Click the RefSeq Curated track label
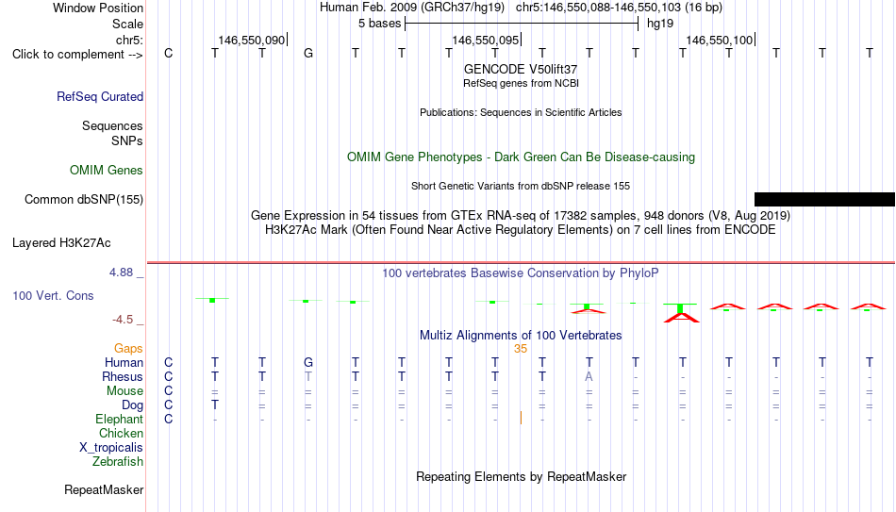100,96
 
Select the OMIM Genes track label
107,171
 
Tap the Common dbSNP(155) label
84,200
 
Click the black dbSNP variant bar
824,199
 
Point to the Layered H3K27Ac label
61,243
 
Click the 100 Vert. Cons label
53,295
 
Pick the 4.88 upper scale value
122,273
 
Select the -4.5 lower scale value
123,320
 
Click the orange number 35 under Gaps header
521,349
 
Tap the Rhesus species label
123,376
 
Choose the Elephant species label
120,420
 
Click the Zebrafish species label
118,462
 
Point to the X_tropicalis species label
111,448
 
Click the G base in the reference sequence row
308,53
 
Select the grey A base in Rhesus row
589,376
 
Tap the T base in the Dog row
215,405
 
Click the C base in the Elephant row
168,419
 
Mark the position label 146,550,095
485,40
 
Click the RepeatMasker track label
104,489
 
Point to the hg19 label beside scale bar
660,24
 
